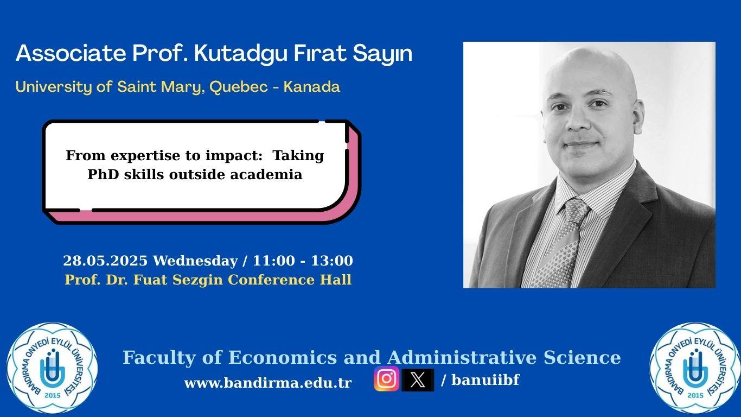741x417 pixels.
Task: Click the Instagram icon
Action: click(x=386, y=378)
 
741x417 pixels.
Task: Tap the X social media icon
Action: click(x=418, y=380)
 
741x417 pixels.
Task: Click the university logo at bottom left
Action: click(x=52, y=368)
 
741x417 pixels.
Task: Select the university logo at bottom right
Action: click(x=695, y=368)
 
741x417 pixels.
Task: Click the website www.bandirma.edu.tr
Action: click(x=268, y=383)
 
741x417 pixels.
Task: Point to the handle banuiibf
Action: click(x=486, y=380)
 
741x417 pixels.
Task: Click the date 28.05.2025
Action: click(x=105, y=261)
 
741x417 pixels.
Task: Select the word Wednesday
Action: click(x=195, y=261)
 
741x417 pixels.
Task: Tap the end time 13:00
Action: click(x=332, y=261)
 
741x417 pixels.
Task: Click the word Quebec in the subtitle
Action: click(x=239, y=87)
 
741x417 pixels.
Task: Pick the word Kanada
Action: click(x=311, y=87)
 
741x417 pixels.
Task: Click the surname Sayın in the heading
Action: click(x=382, y=54)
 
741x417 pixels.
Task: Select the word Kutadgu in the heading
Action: click(x=240, y=54)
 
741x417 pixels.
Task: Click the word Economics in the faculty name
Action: click(x=283, y=358)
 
